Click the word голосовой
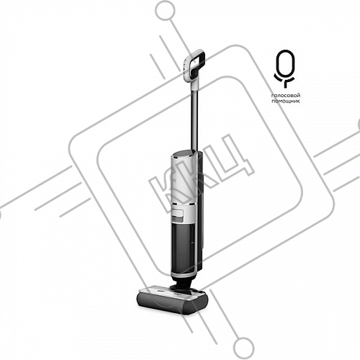(286, 96)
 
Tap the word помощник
(286, 102)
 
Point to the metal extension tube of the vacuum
(194, 117)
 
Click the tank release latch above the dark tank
(178, 215)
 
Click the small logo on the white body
(175, 179)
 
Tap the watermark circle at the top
(166, 11)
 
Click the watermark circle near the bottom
(244, 347)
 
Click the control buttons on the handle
(185, 67)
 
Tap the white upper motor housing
(183, 182)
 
